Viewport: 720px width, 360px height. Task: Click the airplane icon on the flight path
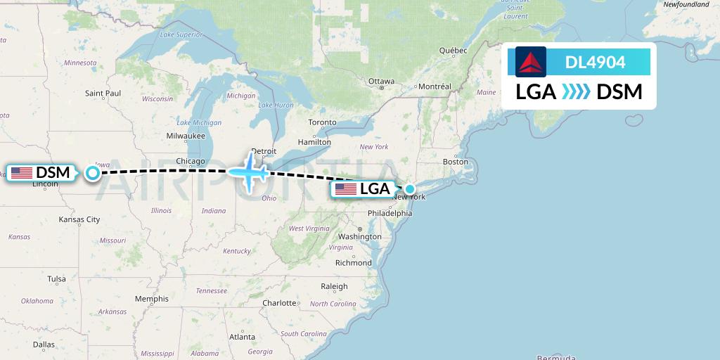point(250,170)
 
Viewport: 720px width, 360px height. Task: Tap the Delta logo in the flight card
point(531,62)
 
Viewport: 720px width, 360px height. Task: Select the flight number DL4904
point(595,63)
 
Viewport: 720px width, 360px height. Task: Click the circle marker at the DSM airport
point(92,172)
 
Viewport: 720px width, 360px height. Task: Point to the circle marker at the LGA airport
point(409,188)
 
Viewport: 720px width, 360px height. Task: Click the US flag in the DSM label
point(22,172)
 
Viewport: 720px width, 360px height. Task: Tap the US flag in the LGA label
point(345,188)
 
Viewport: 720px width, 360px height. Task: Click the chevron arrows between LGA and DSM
point(577,92)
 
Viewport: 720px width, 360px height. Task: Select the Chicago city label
point(191,161)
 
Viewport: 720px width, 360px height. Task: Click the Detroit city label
point(264,151)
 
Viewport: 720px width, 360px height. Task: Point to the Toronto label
point(323,122)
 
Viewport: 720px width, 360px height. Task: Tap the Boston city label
point(455,162)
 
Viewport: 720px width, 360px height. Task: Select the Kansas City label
point(79,219)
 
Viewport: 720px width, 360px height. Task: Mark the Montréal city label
point(435,86)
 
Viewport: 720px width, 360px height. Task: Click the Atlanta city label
point(242,337)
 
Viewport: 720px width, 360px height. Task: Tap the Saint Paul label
point(103,93)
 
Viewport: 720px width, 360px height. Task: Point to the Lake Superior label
point(181,34)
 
